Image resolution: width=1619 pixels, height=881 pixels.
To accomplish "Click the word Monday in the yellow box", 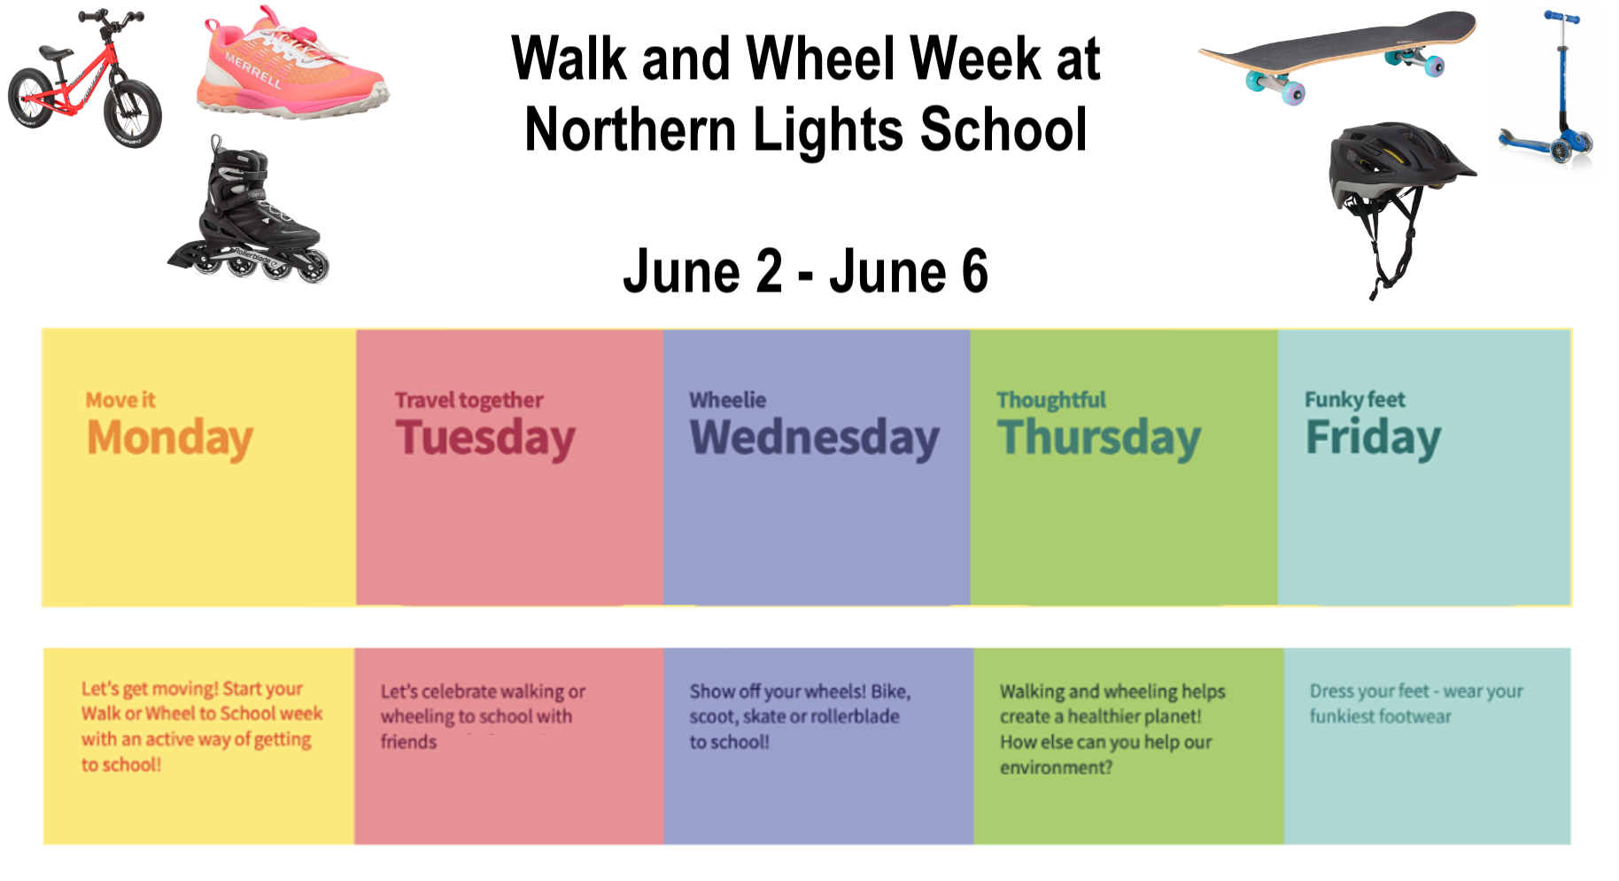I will click(170, 438).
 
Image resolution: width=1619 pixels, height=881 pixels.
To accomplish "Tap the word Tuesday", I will click(485, 438).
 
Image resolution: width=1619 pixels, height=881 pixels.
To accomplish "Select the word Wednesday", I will click(814, 438).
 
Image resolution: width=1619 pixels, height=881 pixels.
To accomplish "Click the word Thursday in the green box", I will click(1098, 438).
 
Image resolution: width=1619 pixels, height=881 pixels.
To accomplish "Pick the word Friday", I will click(1373, 438).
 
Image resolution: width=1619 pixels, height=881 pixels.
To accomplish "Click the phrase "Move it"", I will click(120, 400).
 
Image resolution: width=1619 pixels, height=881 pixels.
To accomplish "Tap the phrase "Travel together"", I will click(469, 401).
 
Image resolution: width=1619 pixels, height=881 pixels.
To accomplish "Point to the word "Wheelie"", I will click(727, 400).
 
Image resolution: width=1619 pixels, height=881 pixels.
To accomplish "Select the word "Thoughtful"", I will click(1051, 401).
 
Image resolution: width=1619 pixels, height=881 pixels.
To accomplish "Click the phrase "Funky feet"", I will click(1354, 400).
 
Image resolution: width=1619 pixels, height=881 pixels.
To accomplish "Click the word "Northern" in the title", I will click(629, 129).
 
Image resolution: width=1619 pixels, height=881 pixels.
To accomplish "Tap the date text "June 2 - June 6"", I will click(805, 271).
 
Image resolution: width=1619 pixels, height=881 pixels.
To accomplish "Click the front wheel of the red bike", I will click(133, 113).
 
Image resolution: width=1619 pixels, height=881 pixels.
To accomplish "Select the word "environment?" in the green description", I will click(1056, 768).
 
